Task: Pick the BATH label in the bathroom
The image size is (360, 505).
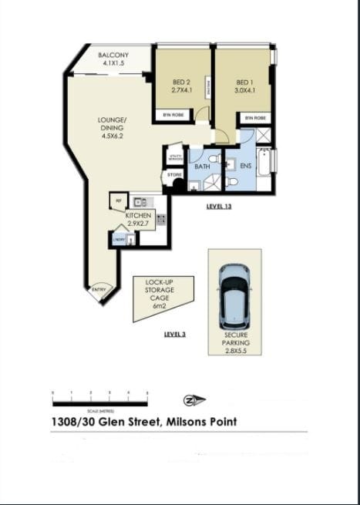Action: (x=202, y=167)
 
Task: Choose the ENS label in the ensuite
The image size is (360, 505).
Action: (x=246, y=166)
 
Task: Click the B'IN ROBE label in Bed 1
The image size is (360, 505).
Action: (x=254, y=117)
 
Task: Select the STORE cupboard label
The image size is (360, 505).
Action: (x=174, y=176)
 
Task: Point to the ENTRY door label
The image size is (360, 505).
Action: (x=99, y=290)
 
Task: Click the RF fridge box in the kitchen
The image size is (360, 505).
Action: (x=118, y=200)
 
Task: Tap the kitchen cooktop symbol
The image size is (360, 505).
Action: (x=161, y=219)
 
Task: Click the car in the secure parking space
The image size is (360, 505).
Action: (x=234, y=295)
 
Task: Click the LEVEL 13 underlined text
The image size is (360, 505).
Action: (x=219, y=207)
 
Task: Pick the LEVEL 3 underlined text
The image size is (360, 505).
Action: (x=176, y=334)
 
